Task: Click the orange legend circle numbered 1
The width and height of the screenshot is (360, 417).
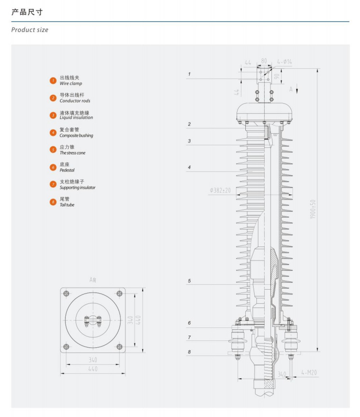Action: (53, 80)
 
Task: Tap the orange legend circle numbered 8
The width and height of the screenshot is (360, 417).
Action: (53, 202)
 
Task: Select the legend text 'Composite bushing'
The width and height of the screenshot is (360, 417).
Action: (76, 136)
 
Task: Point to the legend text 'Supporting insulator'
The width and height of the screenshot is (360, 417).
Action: (77, 187)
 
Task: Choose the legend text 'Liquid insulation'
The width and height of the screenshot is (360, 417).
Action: (76, 118)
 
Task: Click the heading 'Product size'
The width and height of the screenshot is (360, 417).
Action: (30, 30)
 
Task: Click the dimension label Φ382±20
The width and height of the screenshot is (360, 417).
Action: (221, 190)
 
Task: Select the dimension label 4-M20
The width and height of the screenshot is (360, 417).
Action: (308, 372)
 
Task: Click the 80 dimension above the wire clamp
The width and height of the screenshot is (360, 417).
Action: (264, 62)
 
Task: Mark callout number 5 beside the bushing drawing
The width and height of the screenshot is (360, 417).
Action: (190, 281)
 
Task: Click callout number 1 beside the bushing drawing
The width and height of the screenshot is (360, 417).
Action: (190, 74)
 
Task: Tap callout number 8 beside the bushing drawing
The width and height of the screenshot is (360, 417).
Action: (190, 353)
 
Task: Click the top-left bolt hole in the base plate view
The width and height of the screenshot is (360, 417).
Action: (67, 293)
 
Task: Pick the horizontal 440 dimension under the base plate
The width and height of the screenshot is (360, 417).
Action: (93, 369)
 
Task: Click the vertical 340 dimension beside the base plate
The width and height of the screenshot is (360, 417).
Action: (130, 320)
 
